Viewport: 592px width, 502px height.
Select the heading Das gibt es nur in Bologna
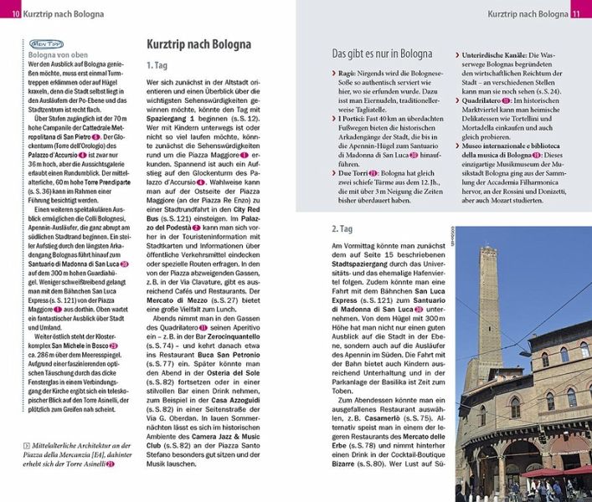click(x=383, y=54)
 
